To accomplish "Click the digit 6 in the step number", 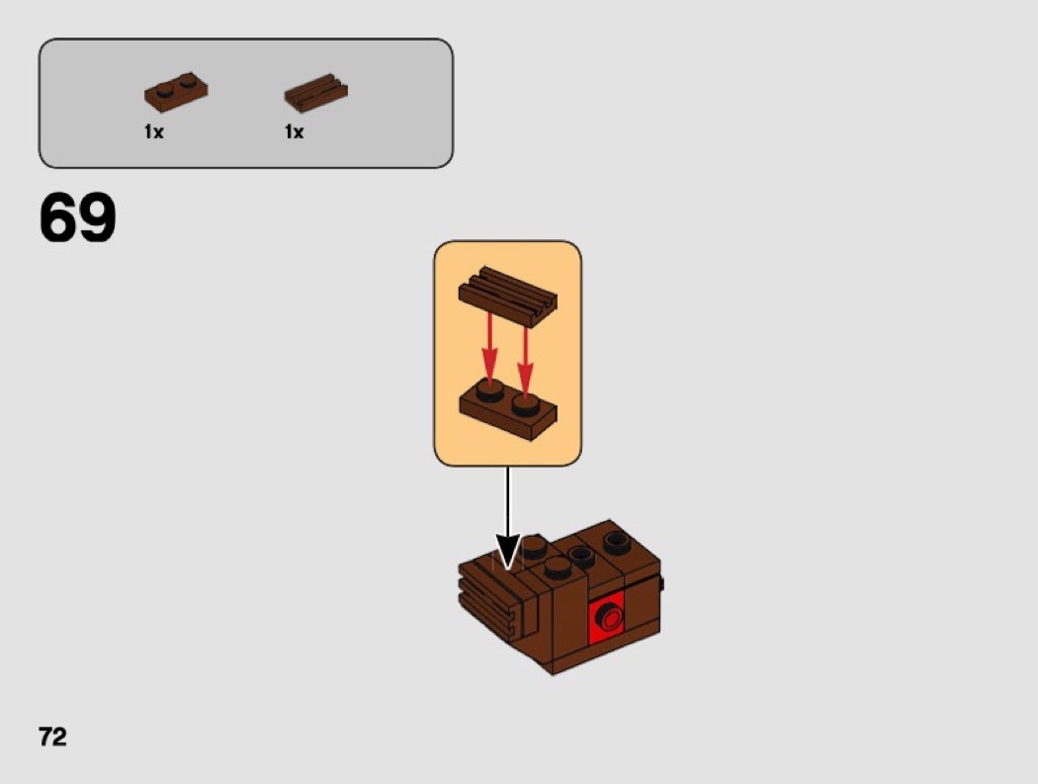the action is click(58, 218).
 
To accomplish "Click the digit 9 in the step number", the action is click(97, 218).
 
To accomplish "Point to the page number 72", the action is click(53, 737).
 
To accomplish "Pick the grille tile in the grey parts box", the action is click(315, 93).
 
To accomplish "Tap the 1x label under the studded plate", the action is click(153, 132).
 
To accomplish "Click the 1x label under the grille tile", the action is click(294, 132).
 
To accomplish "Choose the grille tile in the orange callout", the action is click(508, 296).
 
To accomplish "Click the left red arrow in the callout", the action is click(490, 348).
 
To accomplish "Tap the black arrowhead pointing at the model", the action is click(508, 551).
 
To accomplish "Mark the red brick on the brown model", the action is click(606, 617).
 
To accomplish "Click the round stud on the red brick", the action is click(609, 618).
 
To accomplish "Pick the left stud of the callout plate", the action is click(490, 392).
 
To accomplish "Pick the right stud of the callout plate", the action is click(526, 405).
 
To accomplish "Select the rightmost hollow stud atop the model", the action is click(617, 542).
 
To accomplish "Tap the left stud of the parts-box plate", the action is click(166, 84).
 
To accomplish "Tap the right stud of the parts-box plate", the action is click(189, 81).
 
